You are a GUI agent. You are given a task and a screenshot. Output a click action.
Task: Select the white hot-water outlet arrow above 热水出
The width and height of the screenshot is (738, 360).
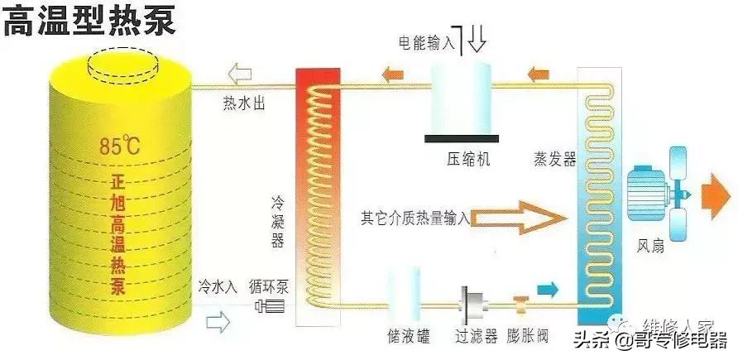coord(242,76)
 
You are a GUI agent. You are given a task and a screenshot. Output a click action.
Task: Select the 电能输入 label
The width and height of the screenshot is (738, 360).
coord(427,41)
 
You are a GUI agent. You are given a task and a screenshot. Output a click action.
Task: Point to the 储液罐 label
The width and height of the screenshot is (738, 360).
coord(407,338)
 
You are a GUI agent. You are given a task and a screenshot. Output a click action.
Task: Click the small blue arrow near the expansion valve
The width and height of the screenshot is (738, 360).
coord(548,287)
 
